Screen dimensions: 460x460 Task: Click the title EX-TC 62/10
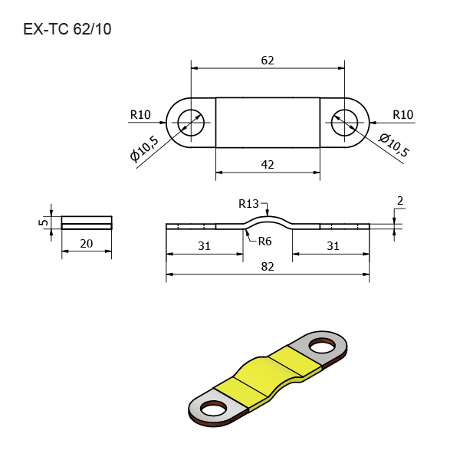click(67, 29)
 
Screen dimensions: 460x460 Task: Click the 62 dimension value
click(268, 61)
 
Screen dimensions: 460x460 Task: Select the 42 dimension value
click(268, 165)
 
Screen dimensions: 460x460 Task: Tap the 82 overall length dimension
click(268, 267)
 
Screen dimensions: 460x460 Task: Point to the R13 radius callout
click(248, 204)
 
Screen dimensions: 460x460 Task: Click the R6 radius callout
click(264, 242)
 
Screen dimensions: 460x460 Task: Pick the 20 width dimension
click(87, 244)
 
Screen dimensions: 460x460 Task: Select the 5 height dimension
click(44, 222)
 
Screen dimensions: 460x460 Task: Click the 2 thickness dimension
click(400, 201)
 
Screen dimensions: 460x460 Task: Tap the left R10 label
click(140, 115)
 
